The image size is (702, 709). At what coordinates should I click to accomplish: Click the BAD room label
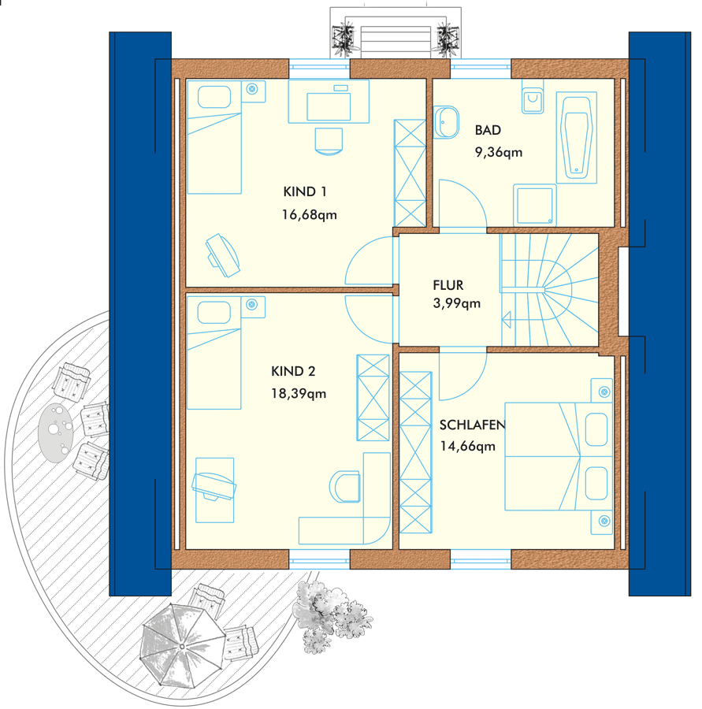coord(488,130)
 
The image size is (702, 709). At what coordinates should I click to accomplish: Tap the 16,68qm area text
coord(310,214)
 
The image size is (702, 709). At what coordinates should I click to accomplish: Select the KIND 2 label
coord(293,371)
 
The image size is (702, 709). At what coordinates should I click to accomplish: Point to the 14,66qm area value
coord(468,447)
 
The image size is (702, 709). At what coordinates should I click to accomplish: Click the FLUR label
coord(448,285)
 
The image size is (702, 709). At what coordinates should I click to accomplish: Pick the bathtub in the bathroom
coord(576,137)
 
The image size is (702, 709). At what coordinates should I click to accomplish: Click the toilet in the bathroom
coord(533,96)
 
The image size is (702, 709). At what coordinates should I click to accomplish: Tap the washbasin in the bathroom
coord(447,122)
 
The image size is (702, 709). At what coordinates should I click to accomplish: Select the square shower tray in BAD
coord(535,206)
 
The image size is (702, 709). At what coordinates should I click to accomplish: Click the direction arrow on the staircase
coord(506,319)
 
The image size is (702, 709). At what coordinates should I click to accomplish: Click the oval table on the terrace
coord(56,432)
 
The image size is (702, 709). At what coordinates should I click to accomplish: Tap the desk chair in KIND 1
coord(329,142)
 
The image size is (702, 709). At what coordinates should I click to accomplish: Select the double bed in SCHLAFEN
coord(559,457)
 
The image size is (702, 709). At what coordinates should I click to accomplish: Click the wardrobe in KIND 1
coord(410,173)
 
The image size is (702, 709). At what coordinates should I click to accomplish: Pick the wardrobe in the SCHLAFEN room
coord(416,452)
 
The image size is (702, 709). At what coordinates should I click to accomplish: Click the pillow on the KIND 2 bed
coord(214,313)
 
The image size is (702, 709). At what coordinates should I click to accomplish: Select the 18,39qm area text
coord(299,393)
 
